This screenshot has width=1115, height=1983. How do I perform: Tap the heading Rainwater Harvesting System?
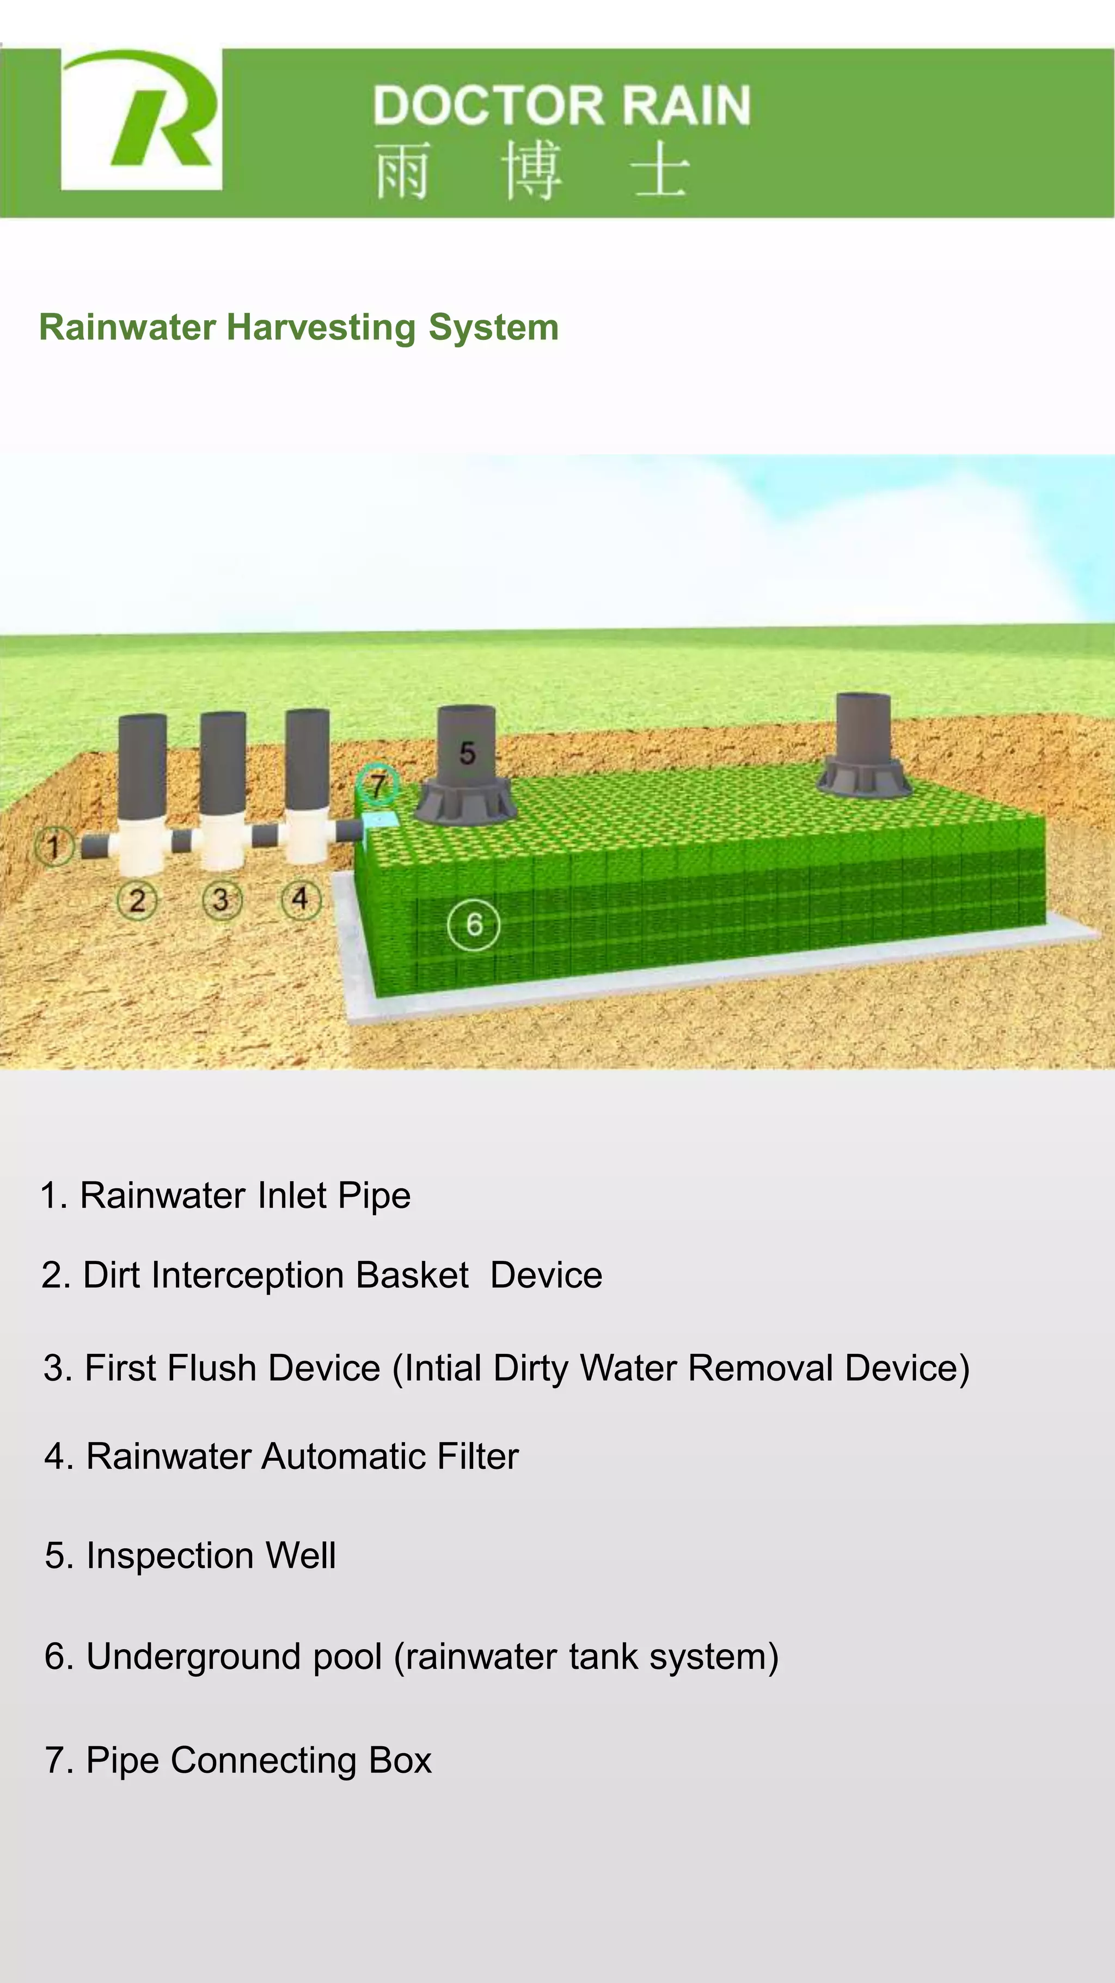click(298, 327)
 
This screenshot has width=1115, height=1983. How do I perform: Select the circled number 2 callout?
click(137, 900)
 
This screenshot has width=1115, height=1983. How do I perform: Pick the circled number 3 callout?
click(222, 900)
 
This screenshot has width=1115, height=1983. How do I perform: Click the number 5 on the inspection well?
click(467, 753)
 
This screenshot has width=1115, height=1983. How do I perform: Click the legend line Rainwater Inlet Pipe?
click(225, 1195)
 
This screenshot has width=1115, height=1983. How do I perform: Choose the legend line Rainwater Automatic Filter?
click(281, 1456)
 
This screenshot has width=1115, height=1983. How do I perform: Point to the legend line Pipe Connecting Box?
click(238, 1760)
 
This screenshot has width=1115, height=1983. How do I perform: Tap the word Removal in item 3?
click(760, 1368)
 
